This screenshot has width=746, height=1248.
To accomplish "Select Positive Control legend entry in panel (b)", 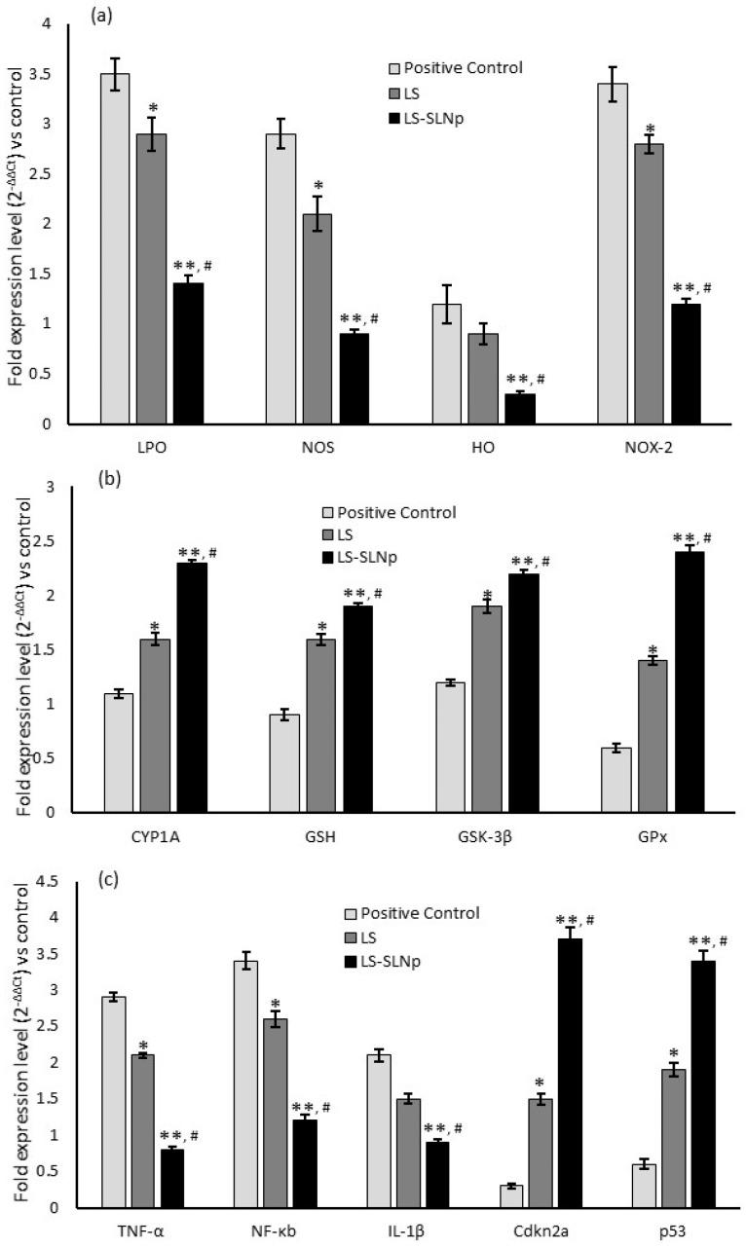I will point(395,512).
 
